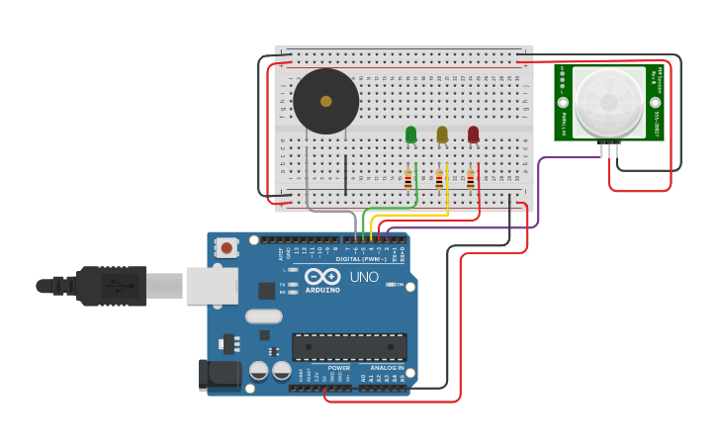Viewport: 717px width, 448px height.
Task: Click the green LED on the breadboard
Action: click(410, 134)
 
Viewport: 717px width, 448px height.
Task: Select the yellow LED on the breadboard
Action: click(442, 134)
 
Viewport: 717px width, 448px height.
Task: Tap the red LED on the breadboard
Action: click(473, 134)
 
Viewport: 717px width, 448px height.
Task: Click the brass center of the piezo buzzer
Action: click(325, 101)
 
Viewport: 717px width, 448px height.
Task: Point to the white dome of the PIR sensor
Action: click(608, 101)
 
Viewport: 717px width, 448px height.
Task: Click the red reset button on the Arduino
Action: click(226, 247)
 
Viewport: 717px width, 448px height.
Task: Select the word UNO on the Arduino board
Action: click(363, 277)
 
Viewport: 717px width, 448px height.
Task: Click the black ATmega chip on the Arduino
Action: click(349, 347)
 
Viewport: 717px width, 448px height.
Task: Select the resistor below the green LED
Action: click(407, 179)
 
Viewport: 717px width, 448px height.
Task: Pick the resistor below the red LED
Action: click(471, 179)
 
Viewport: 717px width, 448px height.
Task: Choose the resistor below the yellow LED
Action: click(439, 179)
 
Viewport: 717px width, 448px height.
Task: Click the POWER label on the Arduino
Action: click(338, 368)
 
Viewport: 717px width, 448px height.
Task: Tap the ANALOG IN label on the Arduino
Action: click(381, 368)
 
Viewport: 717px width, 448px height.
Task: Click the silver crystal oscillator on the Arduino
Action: click(263, 316)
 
